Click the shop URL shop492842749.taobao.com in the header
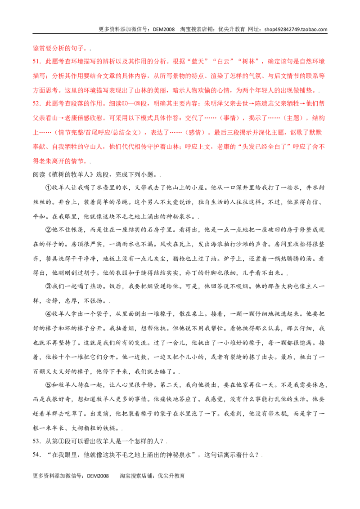[x=296, y=29]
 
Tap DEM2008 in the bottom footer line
[x=98, y=476]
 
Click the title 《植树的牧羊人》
[x=71, y=174]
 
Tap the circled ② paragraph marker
[x=49, y=230]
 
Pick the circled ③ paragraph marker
[x=49, y=286]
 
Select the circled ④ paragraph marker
[x=49, y=314]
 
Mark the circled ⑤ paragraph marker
[x=49, y=385]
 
